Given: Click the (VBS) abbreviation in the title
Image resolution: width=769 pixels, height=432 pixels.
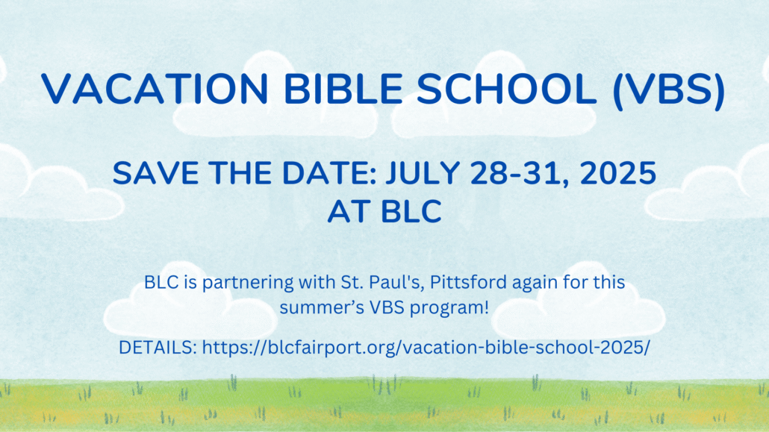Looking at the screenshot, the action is click(669, 90).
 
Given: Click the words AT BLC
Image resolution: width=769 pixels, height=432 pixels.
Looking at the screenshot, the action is click(384, 211).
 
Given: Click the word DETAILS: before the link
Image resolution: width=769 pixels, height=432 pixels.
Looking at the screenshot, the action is click(158, 348).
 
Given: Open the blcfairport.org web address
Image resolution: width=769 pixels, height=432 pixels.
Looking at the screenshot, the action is click(426, 348).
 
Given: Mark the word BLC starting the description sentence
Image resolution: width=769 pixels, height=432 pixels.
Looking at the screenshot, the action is click(162, 283).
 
